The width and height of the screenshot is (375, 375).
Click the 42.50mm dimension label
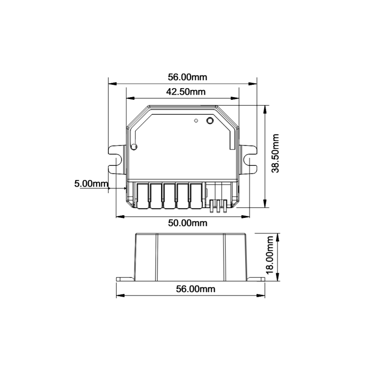click(186, 91)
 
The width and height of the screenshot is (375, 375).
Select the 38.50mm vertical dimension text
click(275, 153)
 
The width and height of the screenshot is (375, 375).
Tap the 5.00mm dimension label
click(91, 184)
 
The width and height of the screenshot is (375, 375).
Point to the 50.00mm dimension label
click(187, 223)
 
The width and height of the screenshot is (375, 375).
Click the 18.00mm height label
click(270, 255)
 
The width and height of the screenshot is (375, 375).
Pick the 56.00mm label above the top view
click(187, 77)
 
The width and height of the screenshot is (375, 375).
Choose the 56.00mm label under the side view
click(195, 289)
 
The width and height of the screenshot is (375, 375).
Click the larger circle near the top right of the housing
click(210, 121)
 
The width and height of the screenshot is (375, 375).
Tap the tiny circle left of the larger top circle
click(196, 121)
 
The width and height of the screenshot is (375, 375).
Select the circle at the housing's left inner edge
click(134, 147)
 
